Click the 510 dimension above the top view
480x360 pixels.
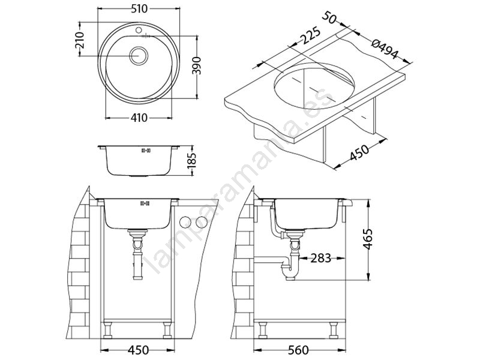point(139,9)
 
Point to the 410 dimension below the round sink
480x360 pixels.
point(139,118)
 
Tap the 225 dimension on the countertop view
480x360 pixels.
point(310,36)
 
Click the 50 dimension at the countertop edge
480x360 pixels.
point(329,17)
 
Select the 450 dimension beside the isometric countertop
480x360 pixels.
point(359,152)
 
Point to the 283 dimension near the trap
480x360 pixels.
point(320,258)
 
